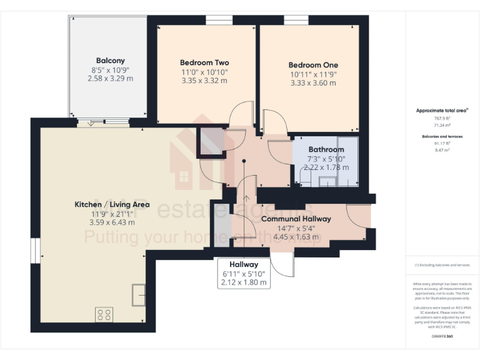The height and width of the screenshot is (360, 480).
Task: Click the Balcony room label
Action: pyautogui.click(x=110, y=61)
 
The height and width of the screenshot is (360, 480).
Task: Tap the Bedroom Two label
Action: pyautogui.click(x=204, y=62)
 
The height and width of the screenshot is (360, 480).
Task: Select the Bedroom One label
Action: pyautogui.click(x=313, y=65)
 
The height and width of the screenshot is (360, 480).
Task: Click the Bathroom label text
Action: pyautogui.click(x=326, y=149)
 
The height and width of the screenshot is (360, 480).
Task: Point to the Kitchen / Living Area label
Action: pyautogui.click(x=112, y=204)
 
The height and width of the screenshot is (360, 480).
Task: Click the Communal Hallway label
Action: pyautogui.click(x=296, y=219)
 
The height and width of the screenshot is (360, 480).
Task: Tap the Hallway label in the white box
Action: pyautogui.click(x=244, y=264)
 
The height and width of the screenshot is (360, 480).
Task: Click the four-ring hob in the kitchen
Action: pyautogui.click(x=104, y=314)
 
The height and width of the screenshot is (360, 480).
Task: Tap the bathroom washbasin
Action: pyautogui.click(x=326, y=181)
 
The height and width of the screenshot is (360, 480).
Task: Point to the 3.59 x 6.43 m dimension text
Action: pyautogui.click(x=112, y=221)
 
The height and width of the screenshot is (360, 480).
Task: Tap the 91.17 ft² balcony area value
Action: pyautogui.click(x=442, y=142)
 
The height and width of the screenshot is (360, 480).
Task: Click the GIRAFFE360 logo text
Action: pyautogui.click(x=442, y=337)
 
